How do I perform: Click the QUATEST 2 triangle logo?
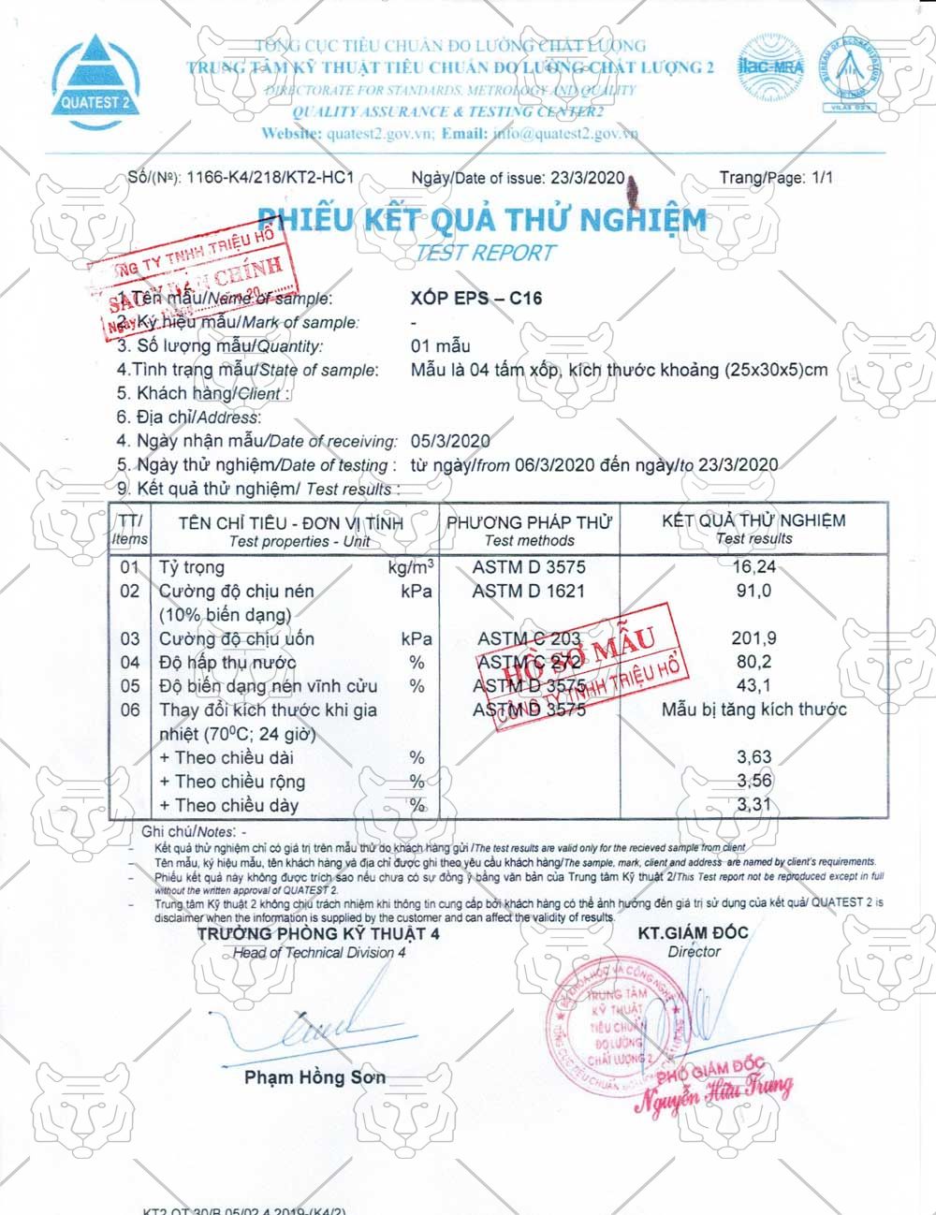[x=94, y=77]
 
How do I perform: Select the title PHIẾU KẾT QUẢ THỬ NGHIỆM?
[x=482, y=220]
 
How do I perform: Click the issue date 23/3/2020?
[x=587, y=178]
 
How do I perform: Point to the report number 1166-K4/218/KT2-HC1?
[x=271, y=178]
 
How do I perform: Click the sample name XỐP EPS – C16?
[x=476, y=299]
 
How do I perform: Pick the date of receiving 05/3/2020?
[x=450, y=441]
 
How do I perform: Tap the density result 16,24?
[x=753, y=567]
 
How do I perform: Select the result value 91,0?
[x=753, y=592]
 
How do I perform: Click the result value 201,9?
[x=753, y=639]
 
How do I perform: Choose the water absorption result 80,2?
[x=753, y=663]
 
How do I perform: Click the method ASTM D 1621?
[x=528, y=592]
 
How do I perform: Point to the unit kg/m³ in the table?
[x=410, y=567]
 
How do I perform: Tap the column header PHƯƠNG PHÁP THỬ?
[x=529, y=522]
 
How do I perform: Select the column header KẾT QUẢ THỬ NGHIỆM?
[x=753, y=520]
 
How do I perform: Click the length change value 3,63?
[x=753, y=757]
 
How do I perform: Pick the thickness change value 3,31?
[x=753, y=805]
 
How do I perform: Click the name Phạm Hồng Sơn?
[x=314, y=1077]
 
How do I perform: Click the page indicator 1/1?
[x=821, y=178]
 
